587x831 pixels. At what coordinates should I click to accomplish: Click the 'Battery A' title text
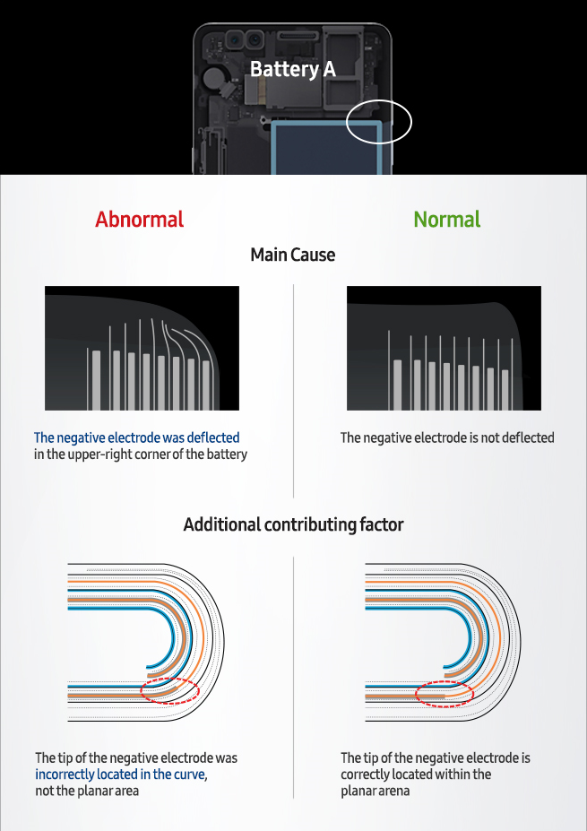point(292,69)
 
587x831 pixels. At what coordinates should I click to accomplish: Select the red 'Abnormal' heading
point(139,220)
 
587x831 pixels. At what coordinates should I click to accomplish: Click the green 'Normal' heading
point(446,220)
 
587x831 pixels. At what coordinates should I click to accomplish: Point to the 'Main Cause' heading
point(292,255)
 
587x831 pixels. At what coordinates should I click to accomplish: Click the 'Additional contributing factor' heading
point(293,524)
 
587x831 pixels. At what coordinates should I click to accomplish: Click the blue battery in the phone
point(326,147)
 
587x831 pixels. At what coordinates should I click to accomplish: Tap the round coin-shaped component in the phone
point(213,77)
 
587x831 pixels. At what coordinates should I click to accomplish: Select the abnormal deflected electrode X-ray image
point(142,348)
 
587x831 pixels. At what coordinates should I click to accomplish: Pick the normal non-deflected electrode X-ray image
point(444,348)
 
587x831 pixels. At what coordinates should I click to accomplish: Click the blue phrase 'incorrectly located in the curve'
point(120,775)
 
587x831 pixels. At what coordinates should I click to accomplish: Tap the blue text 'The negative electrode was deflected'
point(137,437)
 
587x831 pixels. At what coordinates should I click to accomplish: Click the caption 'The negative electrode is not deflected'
point(447,437)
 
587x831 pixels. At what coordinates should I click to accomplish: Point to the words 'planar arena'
point(376,792)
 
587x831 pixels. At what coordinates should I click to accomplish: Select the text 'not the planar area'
point(87,792)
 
